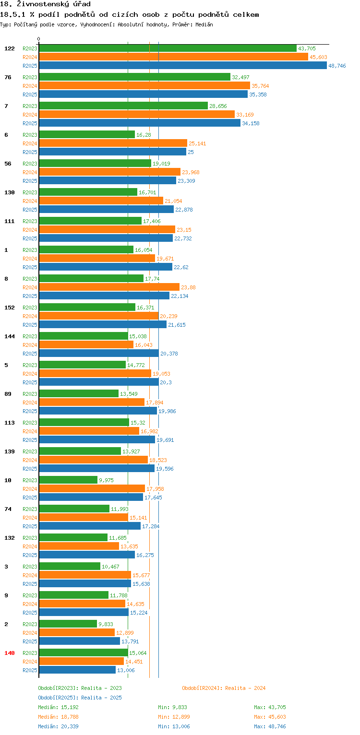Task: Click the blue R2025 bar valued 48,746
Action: (x=183, y=66)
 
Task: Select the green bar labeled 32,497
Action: (x=135, y=77)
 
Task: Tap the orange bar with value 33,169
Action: (x=137, y=115)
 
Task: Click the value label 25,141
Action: (x=197, y=143)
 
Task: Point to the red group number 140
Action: (x=10, y=653)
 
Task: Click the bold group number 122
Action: (x=10, y=48)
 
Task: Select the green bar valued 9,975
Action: (x=68, y=480)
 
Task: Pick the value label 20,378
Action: (x=169, y=354)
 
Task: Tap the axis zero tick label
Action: (x=39, y=39)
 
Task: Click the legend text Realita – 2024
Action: (x=245, y=688)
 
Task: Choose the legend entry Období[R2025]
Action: (x=58, y=698)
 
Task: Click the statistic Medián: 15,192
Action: (x=59, y=707)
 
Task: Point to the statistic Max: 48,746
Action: (x=270, y=726)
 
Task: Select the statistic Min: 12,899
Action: (x=174, y=717)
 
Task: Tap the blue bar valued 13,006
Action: (x=77, y=670)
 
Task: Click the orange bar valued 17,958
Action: (x=92, y=488)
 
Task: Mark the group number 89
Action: (x=8, y=394)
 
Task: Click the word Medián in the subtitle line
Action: (x=204, y=24)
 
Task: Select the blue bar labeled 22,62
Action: (x=106, y=267)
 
